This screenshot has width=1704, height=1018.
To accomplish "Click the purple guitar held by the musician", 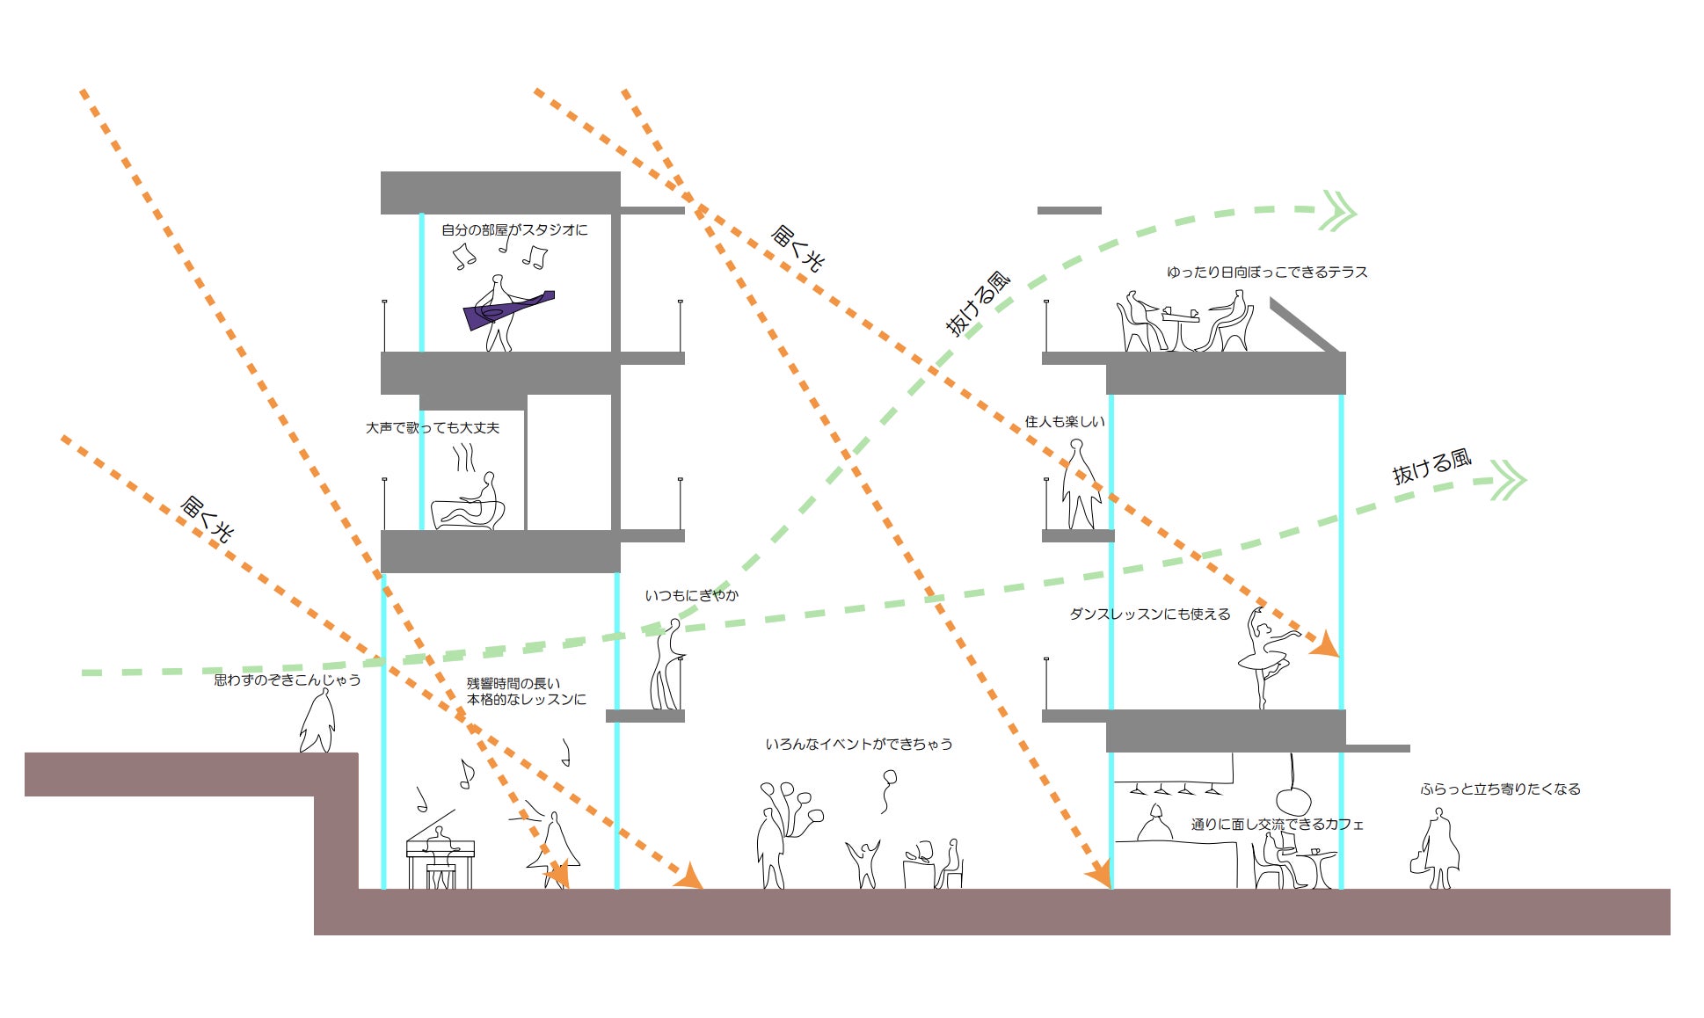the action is pos(509,309).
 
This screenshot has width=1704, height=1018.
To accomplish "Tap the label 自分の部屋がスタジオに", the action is pos(514,230).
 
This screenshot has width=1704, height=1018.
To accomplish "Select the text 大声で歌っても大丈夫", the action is pos(433,428).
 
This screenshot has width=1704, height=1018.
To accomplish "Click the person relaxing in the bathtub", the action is pos(469,503).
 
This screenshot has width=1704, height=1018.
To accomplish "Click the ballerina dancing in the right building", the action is pos(1267,658).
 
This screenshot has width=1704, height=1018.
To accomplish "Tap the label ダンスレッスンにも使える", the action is pos(1149,614).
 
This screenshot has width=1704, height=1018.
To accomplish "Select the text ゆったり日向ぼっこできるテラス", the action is pos(1267,273).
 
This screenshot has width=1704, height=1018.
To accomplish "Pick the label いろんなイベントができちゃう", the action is pos(859,745).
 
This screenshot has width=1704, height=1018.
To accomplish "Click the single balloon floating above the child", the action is pos(889,789).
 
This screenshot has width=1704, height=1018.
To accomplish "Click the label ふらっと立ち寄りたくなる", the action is pos(1500,789).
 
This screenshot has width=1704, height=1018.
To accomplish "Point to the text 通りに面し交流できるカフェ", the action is pos(1278,825).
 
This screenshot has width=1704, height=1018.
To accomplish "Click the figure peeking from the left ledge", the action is pos(317,721).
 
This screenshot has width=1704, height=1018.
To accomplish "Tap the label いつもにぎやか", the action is pos(691,596).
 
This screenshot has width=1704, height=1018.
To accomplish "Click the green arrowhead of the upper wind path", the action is pos(1337,211).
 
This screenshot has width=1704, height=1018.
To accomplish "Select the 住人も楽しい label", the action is pos(1065,422).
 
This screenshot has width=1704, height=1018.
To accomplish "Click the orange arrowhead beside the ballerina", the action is pos(1326,644).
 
